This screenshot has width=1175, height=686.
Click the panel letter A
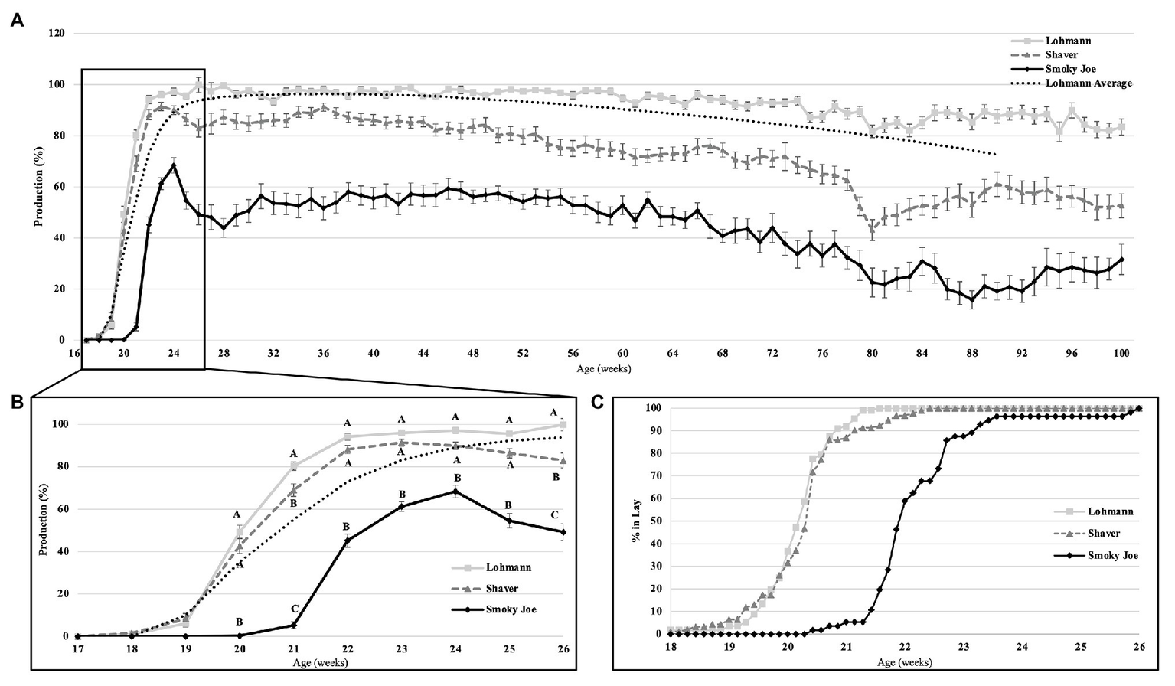(x=16, y=21)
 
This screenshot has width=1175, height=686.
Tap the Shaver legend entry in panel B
(x=501, y=588)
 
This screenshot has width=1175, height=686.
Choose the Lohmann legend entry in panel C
(x=1110, y=511)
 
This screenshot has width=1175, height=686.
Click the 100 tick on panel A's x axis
(x=1121, y=354)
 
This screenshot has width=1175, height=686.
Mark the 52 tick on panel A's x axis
(x=523, y=354)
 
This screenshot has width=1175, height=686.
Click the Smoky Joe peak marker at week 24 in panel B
(x=455, y=492)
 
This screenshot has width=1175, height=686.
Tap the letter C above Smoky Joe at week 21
(x=294, y=609)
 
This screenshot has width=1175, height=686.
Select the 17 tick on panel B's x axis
(x=78, y=648)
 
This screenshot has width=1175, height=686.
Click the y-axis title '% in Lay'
(x=635, y=521)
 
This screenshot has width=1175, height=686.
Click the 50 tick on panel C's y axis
(x=656, y=521)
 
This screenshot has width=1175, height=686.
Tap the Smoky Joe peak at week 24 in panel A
(x=174, y=165)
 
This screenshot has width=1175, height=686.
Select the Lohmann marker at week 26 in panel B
(x=563, y=424)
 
